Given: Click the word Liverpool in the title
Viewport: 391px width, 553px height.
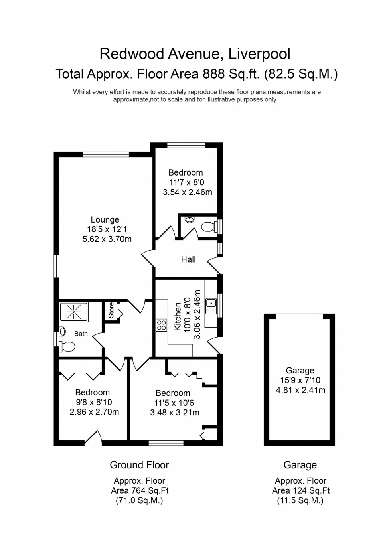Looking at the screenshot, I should (259, 54).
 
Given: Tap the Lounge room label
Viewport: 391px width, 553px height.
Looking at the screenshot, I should (105, 219).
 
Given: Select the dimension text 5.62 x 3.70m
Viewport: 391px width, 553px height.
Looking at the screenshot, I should (107, 239).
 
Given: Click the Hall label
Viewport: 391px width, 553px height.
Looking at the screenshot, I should (188, 259).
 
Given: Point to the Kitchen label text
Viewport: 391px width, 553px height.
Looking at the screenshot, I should (178, 316).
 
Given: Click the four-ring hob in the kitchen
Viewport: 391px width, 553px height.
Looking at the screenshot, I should (161, 325).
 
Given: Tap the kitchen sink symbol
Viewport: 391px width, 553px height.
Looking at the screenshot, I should (211, 306).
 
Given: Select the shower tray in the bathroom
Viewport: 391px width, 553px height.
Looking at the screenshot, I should (73, 311).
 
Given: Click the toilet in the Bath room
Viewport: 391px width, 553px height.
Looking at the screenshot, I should (67, 346).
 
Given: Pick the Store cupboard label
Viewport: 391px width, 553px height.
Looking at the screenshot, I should (111, 310).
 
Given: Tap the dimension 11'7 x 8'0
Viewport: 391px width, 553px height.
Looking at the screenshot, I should (186, 182).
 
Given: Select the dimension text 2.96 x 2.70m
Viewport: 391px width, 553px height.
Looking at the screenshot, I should (94, 412).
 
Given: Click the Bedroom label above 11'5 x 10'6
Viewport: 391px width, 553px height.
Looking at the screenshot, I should (173, 393).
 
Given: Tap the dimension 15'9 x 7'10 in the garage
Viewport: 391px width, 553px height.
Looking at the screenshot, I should (300, 380).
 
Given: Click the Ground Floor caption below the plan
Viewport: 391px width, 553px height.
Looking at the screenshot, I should (139, 465).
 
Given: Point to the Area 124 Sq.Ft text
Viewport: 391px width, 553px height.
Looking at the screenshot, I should (301, 491).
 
